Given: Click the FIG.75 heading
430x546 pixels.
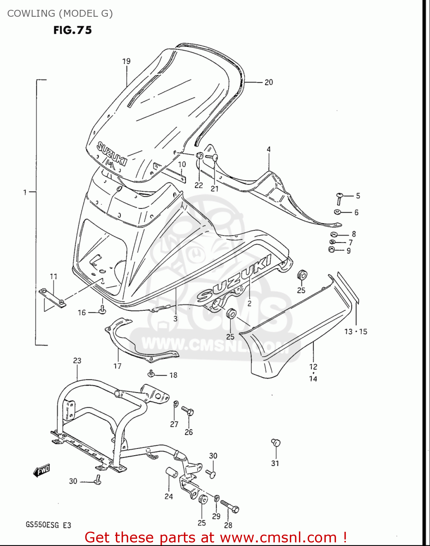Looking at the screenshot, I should pos(72,30).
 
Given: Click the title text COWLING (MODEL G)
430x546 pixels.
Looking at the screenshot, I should pos(60,13).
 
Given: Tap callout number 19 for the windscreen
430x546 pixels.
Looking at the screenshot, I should pos(126,61).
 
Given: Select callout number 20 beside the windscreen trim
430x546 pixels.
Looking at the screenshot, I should pos(269,82).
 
